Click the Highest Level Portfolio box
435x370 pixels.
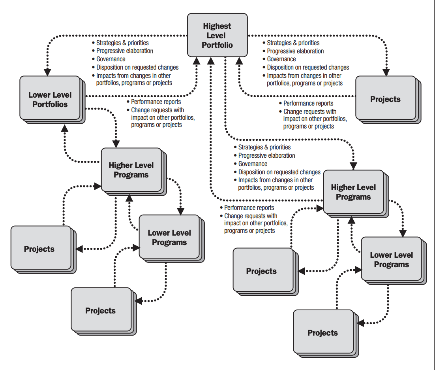coord(217,35)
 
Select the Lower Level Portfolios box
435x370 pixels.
coord(50,99)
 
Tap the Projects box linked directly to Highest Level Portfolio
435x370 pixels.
coord(385,99)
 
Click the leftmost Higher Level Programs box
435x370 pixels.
coord(131,170)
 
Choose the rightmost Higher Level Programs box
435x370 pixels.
coord(353,192)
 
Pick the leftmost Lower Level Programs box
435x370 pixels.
coord(169,238)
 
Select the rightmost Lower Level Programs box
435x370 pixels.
coord(391,260)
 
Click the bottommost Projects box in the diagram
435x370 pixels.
coord(322,333)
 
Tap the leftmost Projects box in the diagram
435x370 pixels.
coord(39,249)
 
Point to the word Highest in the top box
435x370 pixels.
coord(217,26)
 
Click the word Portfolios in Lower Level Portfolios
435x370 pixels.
coord(50,104)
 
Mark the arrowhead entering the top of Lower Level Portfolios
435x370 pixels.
coord(47,72)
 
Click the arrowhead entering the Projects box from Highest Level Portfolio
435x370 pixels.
coord(387,72)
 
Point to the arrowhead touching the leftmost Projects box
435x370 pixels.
coord(79,249)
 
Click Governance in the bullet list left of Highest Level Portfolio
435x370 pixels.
coord(111,59)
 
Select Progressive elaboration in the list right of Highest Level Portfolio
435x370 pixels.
coord(295,51)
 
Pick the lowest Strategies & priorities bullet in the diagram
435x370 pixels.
coord(264,147)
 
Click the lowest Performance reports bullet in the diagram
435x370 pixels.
coord(249,208)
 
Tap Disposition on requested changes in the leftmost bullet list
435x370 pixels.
coord(137,67)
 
